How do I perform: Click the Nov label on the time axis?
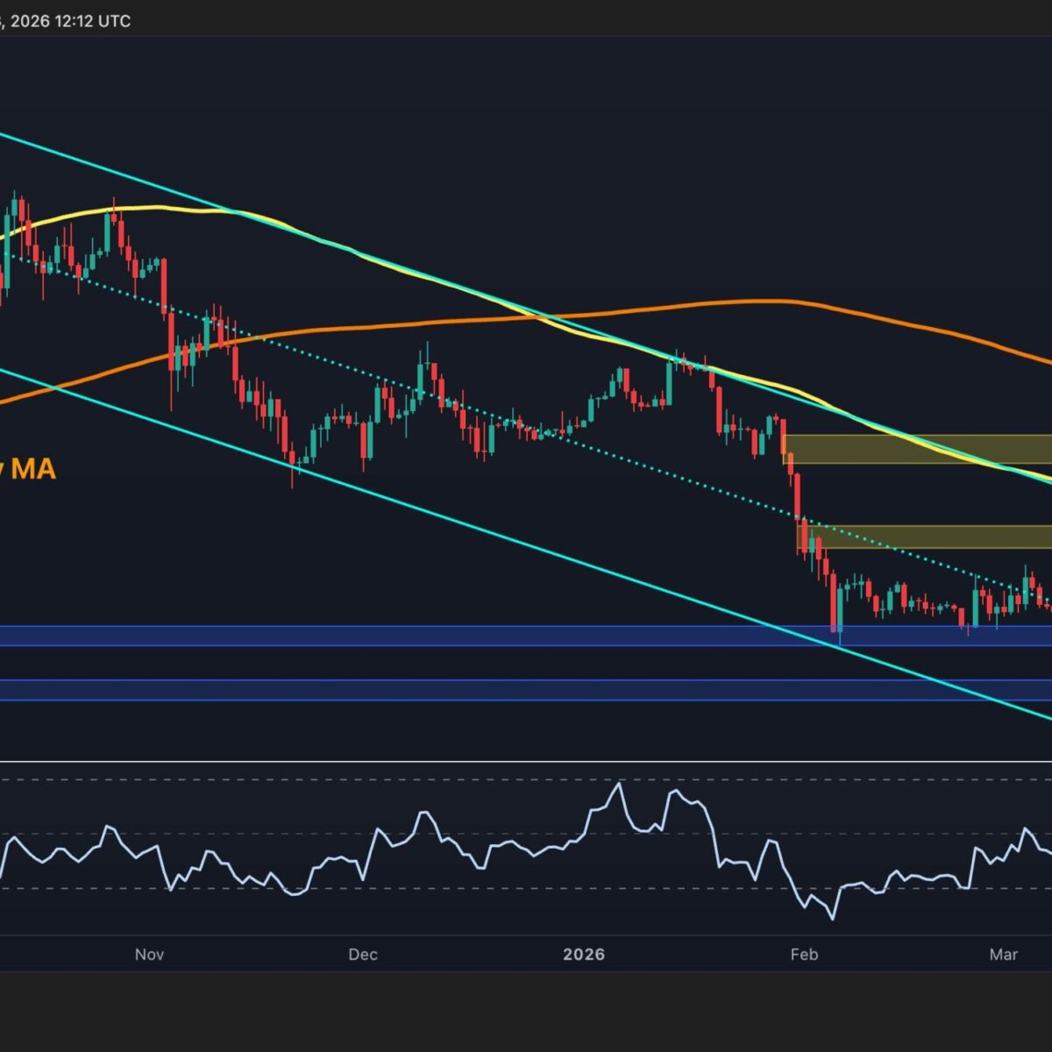pos(150,955)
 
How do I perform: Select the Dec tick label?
pos(362,955)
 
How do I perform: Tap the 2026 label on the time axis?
pos(584,955)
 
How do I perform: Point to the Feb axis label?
pos(804,955)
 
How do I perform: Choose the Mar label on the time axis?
pos(1004,955)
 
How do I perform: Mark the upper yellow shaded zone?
pos(916,449)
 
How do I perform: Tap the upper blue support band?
pos(526,636)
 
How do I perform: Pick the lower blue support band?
pos(526,690)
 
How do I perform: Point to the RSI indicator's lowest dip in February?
pos(831,918)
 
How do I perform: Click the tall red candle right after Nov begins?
pos(164,285)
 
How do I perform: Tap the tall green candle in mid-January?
pos(670,380)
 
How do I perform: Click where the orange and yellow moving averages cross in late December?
pos(548,316)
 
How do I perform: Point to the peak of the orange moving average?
pos(754,302)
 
